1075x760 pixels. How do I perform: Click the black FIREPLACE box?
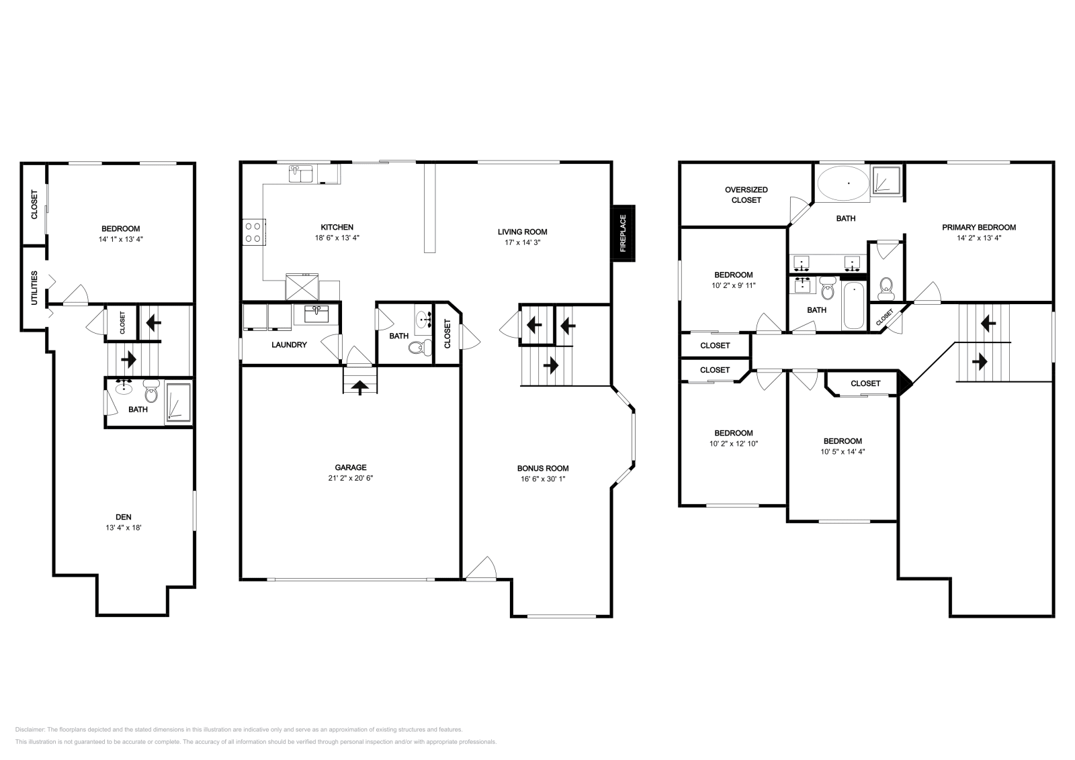(x=623, y=234)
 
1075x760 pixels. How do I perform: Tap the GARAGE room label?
(x=351, y=467)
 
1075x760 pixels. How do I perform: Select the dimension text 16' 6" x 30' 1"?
(x=543, y=479)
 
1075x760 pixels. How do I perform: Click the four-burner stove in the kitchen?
(x=254, y=232)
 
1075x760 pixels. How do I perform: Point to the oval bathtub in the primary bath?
(x=843, y=183)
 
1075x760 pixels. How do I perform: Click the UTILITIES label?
(x=34, y=288)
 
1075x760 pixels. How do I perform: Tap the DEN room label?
(x=124, y=517)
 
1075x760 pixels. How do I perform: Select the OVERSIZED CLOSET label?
(x=746, y=195)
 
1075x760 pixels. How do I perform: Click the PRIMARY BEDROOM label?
(x=979, y=228)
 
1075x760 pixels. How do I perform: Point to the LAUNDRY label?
(x=289, y=345)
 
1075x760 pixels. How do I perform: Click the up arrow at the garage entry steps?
(x=360, y=387)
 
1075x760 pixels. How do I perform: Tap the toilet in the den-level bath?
(x=151, y=391)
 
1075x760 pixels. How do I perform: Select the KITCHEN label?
(x=337, y=228)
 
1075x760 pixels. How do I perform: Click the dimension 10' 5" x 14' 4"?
(x=843, y=452)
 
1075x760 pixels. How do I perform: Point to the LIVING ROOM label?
(x=522, y=232)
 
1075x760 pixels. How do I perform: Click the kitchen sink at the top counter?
(x=300, y=174)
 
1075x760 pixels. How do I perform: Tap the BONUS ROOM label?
(x=543, y=469)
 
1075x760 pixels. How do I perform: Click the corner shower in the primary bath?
(x=886, y=181)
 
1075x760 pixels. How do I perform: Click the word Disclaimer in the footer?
(x=30, y=730)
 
